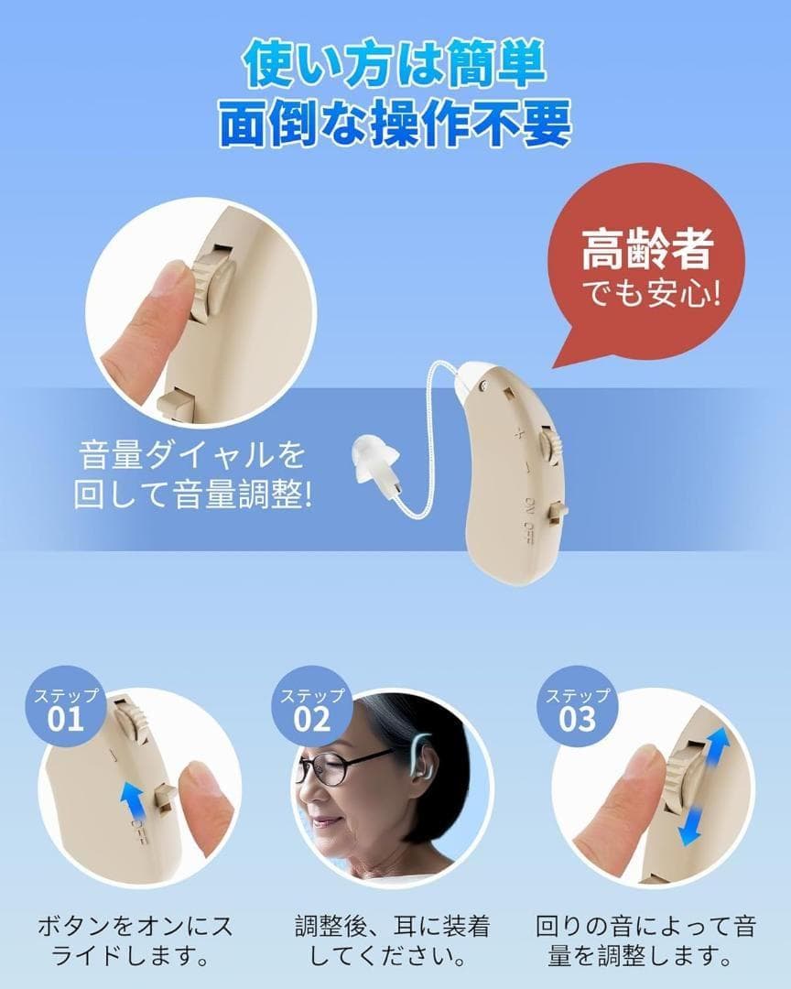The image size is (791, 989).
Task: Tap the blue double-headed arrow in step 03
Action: [704, 787]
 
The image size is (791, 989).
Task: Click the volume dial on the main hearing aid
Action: [551, 451]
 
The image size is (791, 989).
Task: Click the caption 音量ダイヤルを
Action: [190, 455]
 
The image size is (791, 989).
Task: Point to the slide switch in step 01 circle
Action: [166, 799]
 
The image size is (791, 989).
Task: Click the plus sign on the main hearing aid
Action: [519, 433]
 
